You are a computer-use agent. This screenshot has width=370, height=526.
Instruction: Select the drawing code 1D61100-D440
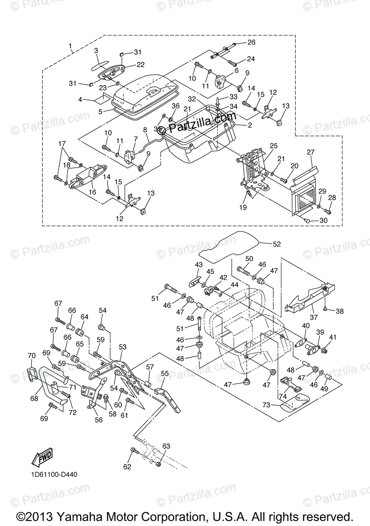pos(54,474)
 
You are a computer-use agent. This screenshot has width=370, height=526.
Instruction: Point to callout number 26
pos(251,43)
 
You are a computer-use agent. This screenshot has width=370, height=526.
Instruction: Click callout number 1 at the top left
pos(70,46)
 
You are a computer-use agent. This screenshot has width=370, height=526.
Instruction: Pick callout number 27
pos(311,152)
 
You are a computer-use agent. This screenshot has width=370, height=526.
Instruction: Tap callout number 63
pos(166,446)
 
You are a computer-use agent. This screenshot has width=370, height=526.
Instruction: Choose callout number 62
pos(127,467)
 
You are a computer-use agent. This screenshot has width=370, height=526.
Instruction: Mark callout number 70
pos(31,355)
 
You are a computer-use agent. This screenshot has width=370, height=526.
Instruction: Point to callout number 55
pos(165,373)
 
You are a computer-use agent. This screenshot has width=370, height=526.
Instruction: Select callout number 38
pos(340,311)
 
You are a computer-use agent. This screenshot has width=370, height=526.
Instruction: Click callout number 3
pos(96,50)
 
